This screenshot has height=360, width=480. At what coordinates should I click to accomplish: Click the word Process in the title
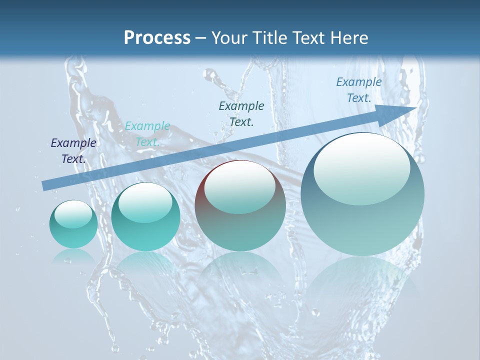157,38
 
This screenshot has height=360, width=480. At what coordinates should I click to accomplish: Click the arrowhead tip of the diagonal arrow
416,107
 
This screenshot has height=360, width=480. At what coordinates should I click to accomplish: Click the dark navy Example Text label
73,150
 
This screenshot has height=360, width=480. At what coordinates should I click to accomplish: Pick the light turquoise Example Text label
147,134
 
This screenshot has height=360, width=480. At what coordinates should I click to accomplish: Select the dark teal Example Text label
241,113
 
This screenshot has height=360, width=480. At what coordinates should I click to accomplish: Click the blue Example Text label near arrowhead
358,90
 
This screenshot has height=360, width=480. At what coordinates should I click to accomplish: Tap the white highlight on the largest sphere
361,168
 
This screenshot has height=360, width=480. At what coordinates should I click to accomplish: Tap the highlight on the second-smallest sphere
145,202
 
